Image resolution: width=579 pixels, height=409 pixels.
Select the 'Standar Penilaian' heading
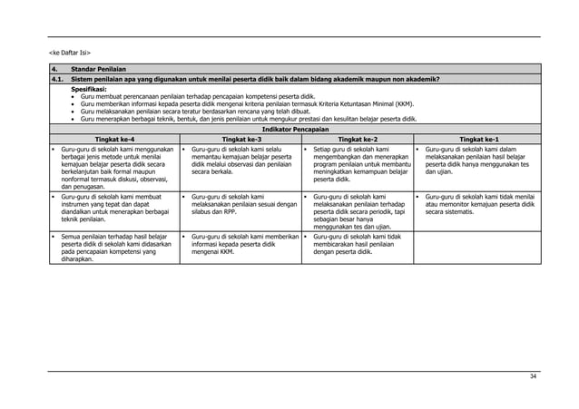(x=100, y=70)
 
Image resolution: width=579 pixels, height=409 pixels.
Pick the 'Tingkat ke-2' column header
(x=357, y=138)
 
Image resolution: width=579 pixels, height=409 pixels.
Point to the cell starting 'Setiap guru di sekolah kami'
(x=358, y=161)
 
